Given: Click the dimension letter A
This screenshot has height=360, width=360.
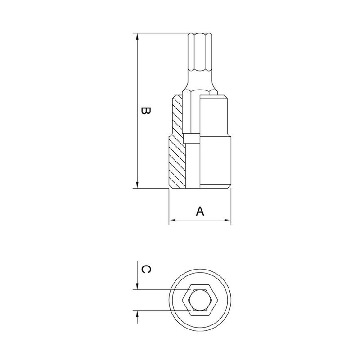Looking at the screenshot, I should point(200,211).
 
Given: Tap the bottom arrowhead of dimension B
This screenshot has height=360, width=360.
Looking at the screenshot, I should point(137,185).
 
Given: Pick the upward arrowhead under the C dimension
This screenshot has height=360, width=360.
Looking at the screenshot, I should point(137,315).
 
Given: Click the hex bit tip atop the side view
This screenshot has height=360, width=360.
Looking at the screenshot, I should point(199,52).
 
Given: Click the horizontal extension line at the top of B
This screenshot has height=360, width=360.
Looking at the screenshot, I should point(162,33).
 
